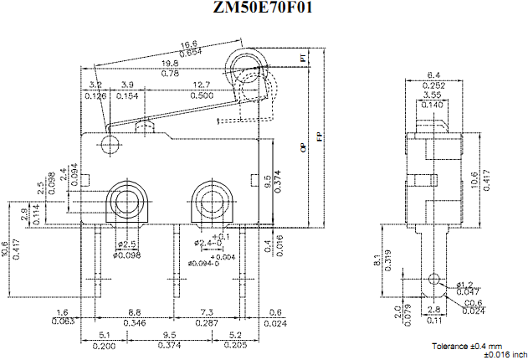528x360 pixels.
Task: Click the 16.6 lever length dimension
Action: coord(188,44)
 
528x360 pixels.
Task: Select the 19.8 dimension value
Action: coord(170,63)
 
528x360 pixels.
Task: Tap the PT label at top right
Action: coord(303,58)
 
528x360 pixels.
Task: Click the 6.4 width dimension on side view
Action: coord(433,75)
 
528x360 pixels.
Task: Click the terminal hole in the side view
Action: coord(433,279)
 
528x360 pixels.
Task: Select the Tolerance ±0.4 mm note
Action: coord(468,346)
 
